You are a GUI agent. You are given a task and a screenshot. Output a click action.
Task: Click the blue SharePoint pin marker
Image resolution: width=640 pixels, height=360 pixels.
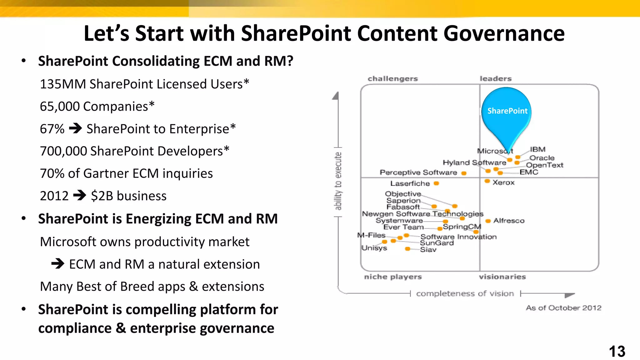[506, 112]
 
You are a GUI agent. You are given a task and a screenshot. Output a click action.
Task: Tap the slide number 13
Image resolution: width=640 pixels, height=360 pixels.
[617, 351]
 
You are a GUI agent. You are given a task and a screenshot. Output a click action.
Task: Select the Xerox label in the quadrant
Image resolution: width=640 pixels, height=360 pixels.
[503, 182]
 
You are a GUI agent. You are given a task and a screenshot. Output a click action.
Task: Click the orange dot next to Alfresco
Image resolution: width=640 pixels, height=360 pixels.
[488, 221]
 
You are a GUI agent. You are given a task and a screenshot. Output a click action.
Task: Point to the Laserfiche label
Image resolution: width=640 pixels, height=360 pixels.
[410, 183]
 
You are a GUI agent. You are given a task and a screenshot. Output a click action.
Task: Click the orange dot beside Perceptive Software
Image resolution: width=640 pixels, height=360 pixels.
[464, 173]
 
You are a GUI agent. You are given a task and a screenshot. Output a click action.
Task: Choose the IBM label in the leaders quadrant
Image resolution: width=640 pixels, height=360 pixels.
[537, 149]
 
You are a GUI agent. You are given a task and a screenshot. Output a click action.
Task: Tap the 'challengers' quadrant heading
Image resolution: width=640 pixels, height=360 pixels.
[392, 79]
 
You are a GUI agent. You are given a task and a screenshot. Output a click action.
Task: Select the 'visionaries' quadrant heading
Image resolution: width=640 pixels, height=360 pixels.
[502, 277]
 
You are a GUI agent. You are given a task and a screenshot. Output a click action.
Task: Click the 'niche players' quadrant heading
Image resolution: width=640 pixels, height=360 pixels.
[393, 277]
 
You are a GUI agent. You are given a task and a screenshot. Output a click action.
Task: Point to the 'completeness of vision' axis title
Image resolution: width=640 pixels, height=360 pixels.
[465, 294]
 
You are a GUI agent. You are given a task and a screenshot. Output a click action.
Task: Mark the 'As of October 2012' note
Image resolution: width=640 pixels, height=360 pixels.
[563, 308]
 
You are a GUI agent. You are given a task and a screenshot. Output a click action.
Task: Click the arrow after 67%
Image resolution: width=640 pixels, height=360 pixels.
[75, 128]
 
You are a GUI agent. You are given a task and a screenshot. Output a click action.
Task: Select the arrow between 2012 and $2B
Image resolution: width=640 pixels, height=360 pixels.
[80, 196]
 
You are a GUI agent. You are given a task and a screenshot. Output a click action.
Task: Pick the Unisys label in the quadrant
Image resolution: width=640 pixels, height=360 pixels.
[374, 248]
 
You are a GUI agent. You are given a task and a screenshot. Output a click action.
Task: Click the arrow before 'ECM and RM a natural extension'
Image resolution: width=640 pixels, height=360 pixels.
[58, 264]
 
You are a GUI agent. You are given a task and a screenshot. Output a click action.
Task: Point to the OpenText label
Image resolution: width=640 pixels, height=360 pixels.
[544, 165]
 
